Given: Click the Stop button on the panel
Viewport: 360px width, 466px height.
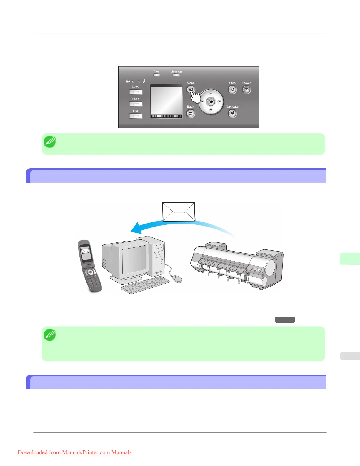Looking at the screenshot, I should click(232, 90).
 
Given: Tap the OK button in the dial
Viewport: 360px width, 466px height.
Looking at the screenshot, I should click(211, 102).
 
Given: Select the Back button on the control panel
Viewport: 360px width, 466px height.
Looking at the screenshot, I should click(191, 113).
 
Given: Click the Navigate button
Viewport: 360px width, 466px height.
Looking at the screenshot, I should click(232, 113).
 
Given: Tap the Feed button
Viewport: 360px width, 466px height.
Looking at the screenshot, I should click(136, 104).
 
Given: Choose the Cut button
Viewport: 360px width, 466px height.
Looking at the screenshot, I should click(136, 116).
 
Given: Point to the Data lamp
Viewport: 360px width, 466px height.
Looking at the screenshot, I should click(156, 75).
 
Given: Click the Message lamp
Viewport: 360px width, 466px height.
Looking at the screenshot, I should click(176, 75).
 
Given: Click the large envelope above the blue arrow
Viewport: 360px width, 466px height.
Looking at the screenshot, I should click(179, 212).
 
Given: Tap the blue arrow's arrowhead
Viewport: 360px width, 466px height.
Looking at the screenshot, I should click(136, 228).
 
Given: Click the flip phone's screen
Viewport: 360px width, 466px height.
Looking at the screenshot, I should click(86, 253).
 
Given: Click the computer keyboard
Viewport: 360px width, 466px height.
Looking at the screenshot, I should click(146, 285).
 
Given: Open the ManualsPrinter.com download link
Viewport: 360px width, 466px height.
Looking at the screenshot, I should click(74, 452).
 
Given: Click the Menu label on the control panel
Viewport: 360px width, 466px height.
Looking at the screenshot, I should click(191, 83).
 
